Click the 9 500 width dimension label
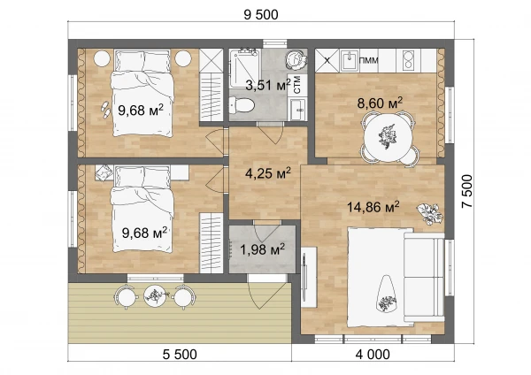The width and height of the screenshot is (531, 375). tap(261, 15)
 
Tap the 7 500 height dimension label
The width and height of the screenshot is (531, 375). tap(467, 191)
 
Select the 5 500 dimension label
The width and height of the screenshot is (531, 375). tap(180, 355)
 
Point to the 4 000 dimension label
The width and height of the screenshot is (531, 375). tap(373, 355)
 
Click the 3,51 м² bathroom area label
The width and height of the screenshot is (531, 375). tap(268, 85)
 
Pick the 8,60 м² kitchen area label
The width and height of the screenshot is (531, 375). tap(380, 103)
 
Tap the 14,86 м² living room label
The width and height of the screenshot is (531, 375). tap(373, 207)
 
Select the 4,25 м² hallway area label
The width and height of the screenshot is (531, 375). tap(268, 173)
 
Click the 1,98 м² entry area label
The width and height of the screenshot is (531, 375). tap(262, 249)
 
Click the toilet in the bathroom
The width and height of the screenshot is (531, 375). tap(242, 105)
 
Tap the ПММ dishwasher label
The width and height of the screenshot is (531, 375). tap(368, 60)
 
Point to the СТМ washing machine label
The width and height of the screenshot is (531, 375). tap(297, 85)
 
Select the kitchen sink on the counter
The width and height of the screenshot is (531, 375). tap(349, 60)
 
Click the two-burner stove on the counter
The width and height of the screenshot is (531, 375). tap(409, 60)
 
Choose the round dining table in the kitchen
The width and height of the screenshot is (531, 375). tap(389, 138)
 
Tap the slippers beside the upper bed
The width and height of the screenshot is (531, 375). tap(105, 110)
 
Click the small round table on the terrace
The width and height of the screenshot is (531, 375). tap(155, 296)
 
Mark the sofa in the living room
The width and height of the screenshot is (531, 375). tap(424, 275)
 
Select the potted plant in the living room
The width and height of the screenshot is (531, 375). tap(430, 213)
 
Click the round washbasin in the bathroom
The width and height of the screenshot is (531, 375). tap(296, 60)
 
